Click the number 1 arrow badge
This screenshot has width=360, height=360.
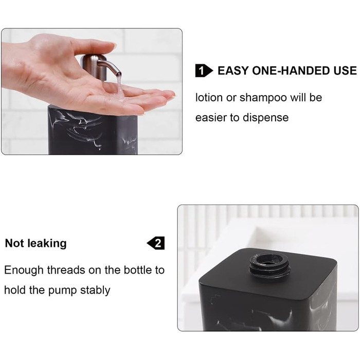point(204,71)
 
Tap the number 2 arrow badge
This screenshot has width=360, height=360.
point(156,243)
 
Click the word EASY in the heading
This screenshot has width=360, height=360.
point(233,70)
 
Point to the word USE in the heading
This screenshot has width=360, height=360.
point(345,70)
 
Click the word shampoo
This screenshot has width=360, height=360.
point(263,98)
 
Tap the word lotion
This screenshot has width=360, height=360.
point(209,98)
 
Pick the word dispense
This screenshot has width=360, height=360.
point(266,118)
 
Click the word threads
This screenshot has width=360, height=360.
point(66,270)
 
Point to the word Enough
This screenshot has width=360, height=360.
point(24,270)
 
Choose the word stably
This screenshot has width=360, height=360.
point(95,290)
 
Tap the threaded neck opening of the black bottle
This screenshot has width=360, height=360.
point(268,267)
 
